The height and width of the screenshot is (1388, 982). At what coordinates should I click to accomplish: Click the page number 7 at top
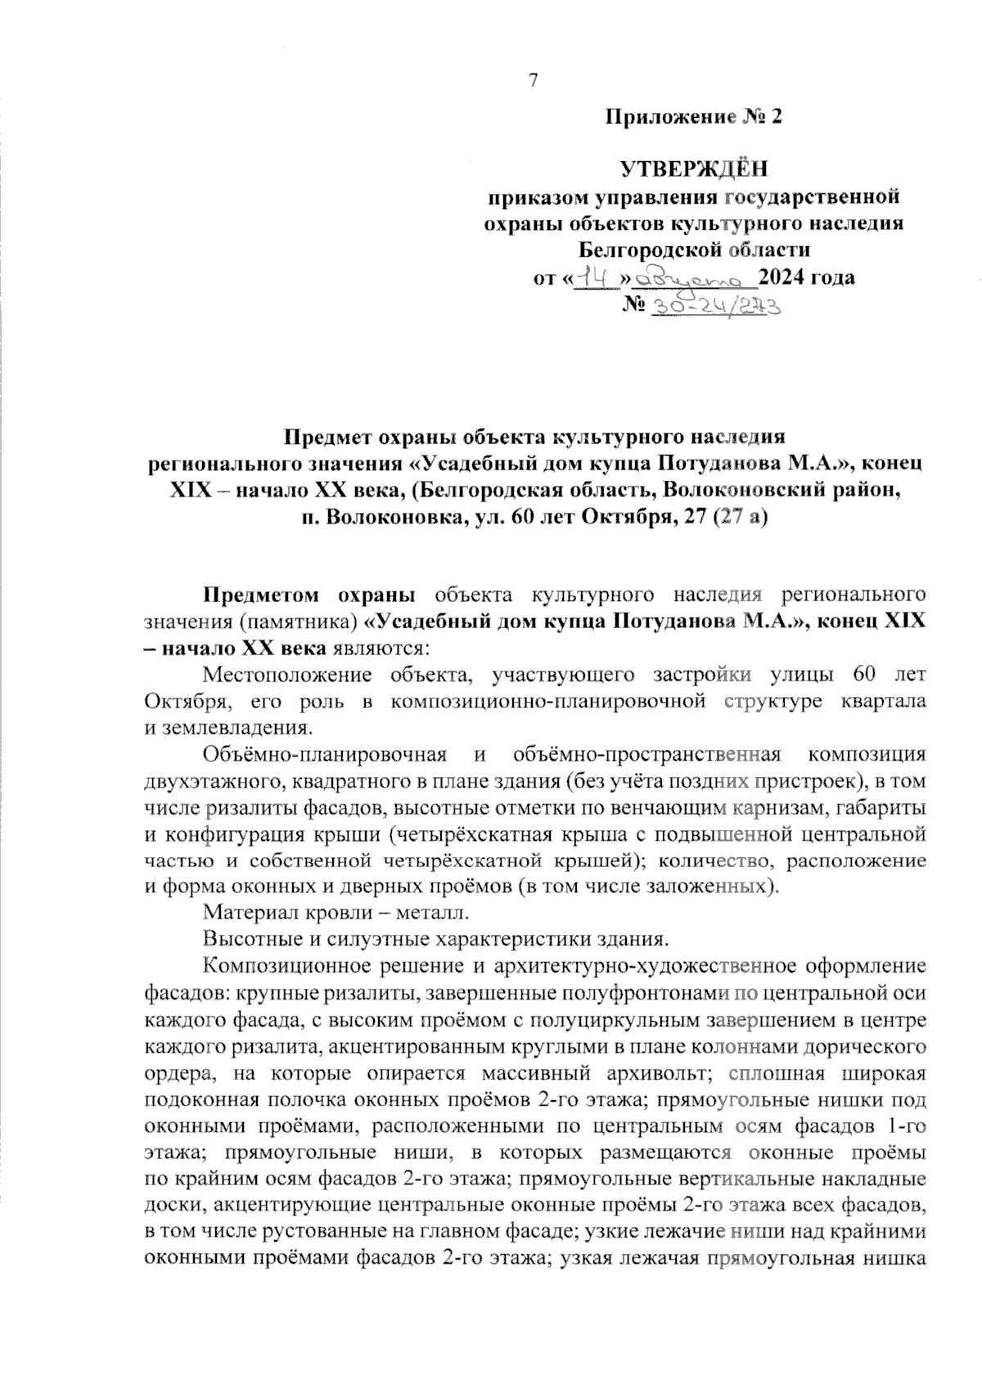coord(534,80)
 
